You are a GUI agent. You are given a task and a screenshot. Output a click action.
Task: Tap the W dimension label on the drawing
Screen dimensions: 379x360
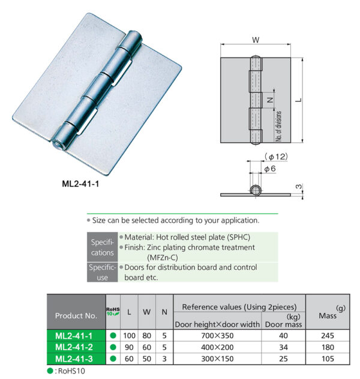(x=256, y=41)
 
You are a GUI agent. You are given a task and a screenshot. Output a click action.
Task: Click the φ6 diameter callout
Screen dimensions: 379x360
(x=270, y=170)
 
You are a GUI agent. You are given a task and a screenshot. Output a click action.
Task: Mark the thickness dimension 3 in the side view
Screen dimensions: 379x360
(x=298, y=188)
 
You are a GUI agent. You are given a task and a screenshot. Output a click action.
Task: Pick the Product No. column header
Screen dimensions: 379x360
(x=76, y=315)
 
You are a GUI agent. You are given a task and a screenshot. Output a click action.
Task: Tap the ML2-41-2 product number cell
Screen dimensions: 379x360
(x=76, y=347)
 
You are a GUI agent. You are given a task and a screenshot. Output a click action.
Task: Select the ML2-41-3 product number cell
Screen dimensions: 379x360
(x=76, y=358)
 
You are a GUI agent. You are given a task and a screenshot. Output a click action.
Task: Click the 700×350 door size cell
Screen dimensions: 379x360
(x=217, y=336)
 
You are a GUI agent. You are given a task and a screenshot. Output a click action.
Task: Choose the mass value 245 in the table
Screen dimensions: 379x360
(x=327, y=336)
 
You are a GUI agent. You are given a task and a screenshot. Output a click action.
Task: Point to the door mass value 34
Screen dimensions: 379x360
(x=283, y=347)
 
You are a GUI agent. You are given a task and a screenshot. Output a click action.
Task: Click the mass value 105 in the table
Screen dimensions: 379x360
(x=327, y=358)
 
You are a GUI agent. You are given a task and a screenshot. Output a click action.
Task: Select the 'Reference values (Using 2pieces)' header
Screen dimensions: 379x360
(x=239, y=306)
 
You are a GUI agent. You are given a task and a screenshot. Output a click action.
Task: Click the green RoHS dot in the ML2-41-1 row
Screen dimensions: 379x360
(x=113, y=336)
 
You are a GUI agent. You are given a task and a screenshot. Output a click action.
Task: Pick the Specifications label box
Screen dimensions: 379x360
(x=102, y=247)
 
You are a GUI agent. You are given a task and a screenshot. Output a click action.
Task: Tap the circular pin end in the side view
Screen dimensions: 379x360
(x=256, y=191)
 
